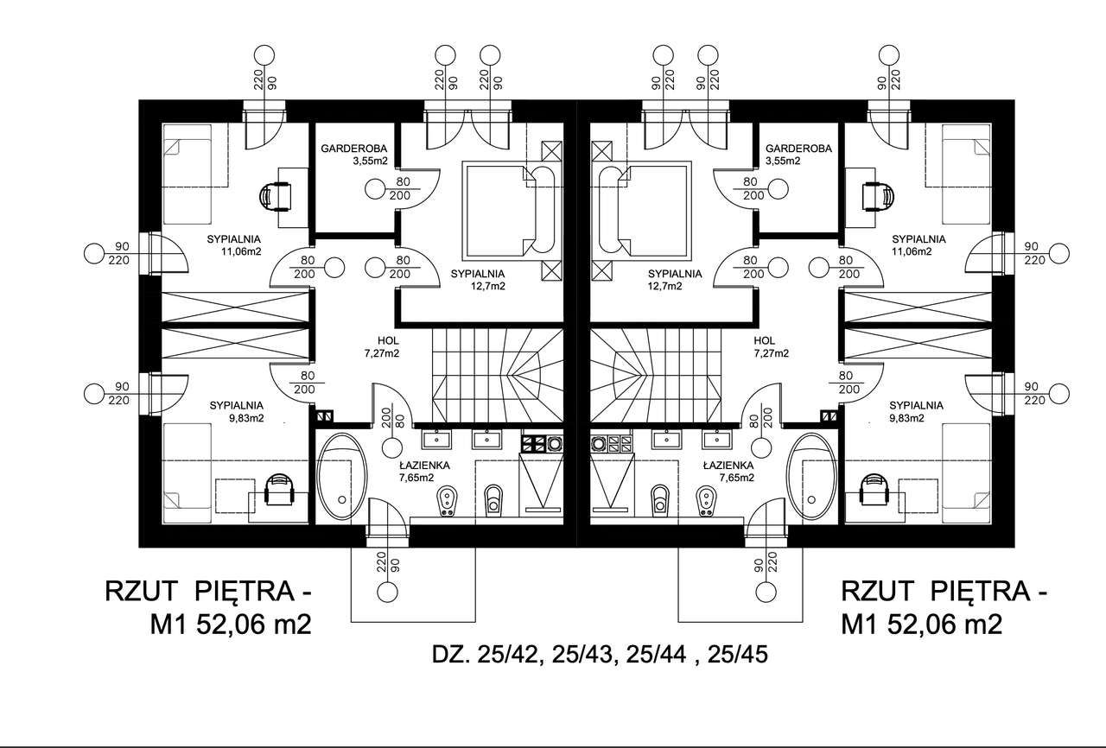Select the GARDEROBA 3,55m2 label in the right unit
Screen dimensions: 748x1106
pos(798,155)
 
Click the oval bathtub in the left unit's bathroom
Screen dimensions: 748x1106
pos(343,478)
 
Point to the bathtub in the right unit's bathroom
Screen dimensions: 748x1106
pos(813,478)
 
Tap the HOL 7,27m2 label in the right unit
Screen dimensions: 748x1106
pos(770,346)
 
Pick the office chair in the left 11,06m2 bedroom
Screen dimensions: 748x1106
pos(277,195)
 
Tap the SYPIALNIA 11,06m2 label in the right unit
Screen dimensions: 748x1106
pos(918,245)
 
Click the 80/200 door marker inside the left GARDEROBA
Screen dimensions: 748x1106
pos(402,188)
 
